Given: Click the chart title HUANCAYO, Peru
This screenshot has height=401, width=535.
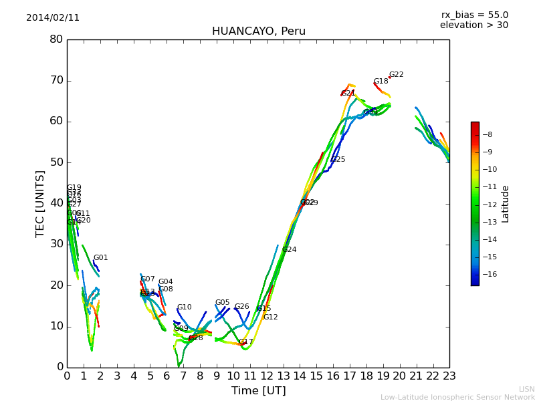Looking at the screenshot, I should click(258, 31).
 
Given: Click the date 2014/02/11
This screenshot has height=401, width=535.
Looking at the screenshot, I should click(53, 18).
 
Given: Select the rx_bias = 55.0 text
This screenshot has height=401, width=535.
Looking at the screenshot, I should click(474, 15).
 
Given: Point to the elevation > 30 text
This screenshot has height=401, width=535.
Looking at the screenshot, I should click(474, 25).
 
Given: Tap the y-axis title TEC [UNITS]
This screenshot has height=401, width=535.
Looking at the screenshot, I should click(40, 203).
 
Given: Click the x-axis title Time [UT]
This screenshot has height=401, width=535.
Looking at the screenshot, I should click(258, 390).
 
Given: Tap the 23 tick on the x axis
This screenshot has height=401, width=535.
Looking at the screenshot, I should click(449, 376).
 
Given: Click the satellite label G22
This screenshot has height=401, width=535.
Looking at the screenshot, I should click(397, 75).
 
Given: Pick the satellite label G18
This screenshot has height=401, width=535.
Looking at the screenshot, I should click(381, 82).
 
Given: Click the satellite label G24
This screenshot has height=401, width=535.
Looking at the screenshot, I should click(289, 250).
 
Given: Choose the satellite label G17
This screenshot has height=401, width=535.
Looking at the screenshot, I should click(246, 342).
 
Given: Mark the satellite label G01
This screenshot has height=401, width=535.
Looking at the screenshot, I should click(100, 258).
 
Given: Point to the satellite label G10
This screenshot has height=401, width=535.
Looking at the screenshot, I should click(184, 307).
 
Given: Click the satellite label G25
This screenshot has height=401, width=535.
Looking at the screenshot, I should click(338, 160).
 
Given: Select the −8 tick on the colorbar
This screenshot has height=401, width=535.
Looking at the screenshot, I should click(488, 134).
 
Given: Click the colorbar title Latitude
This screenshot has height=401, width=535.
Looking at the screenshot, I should click(506, 204).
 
